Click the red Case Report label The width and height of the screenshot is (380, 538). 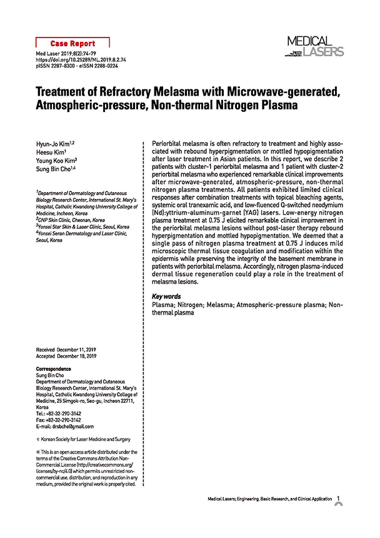coord(74,44)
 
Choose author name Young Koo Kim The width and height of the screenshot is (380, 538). coord(58,160)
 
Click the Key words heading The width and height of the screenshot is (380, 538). coord(167,297)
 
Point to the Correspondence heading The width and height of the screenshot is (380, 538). coord(54,369)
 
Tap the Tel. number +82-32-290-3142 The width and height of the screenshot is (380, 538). coord(64,414)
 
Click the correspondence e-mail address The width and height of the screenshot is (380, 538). coord(74,427)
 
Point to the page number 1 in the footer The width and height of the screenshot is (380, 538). coord(338,499)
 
